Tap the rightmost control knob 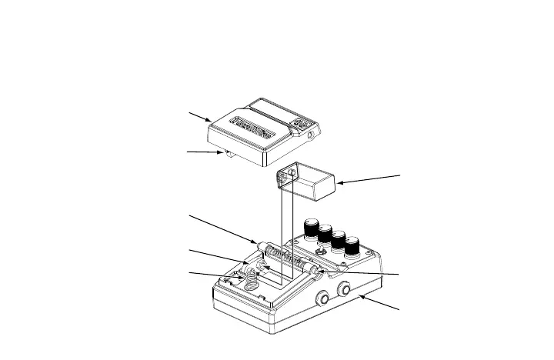click(x=352, y=248)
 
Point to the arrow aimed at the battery click(x=369, y=179)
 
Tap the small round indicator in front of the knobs click(x=319, y=254)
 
